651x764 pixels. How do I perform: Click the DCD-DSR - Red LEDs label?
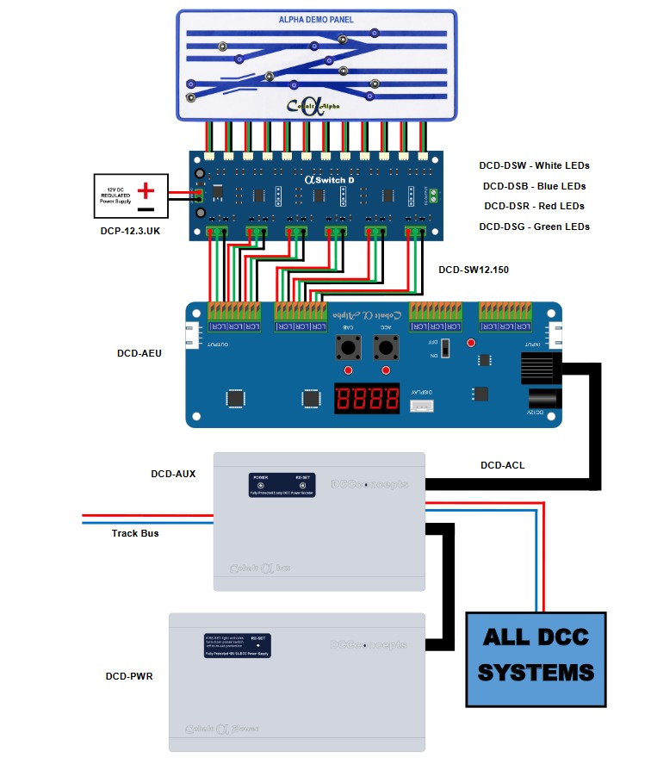(534, 206)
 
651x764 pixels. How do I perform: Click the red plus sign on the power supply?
(147, 189)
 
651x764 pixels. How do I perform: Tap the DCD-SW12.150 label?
(474, 270)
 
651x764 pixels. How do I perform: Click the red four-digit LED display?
(367, 398)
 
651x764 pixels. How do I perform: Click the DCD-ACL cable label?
(502, 465)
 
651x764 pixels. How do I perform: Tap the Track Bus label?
(135, 533)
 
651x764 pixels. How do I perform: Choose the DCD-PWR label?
(128, 676)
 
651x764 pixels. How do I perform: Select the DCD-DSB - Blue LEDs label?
(534, 186)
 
